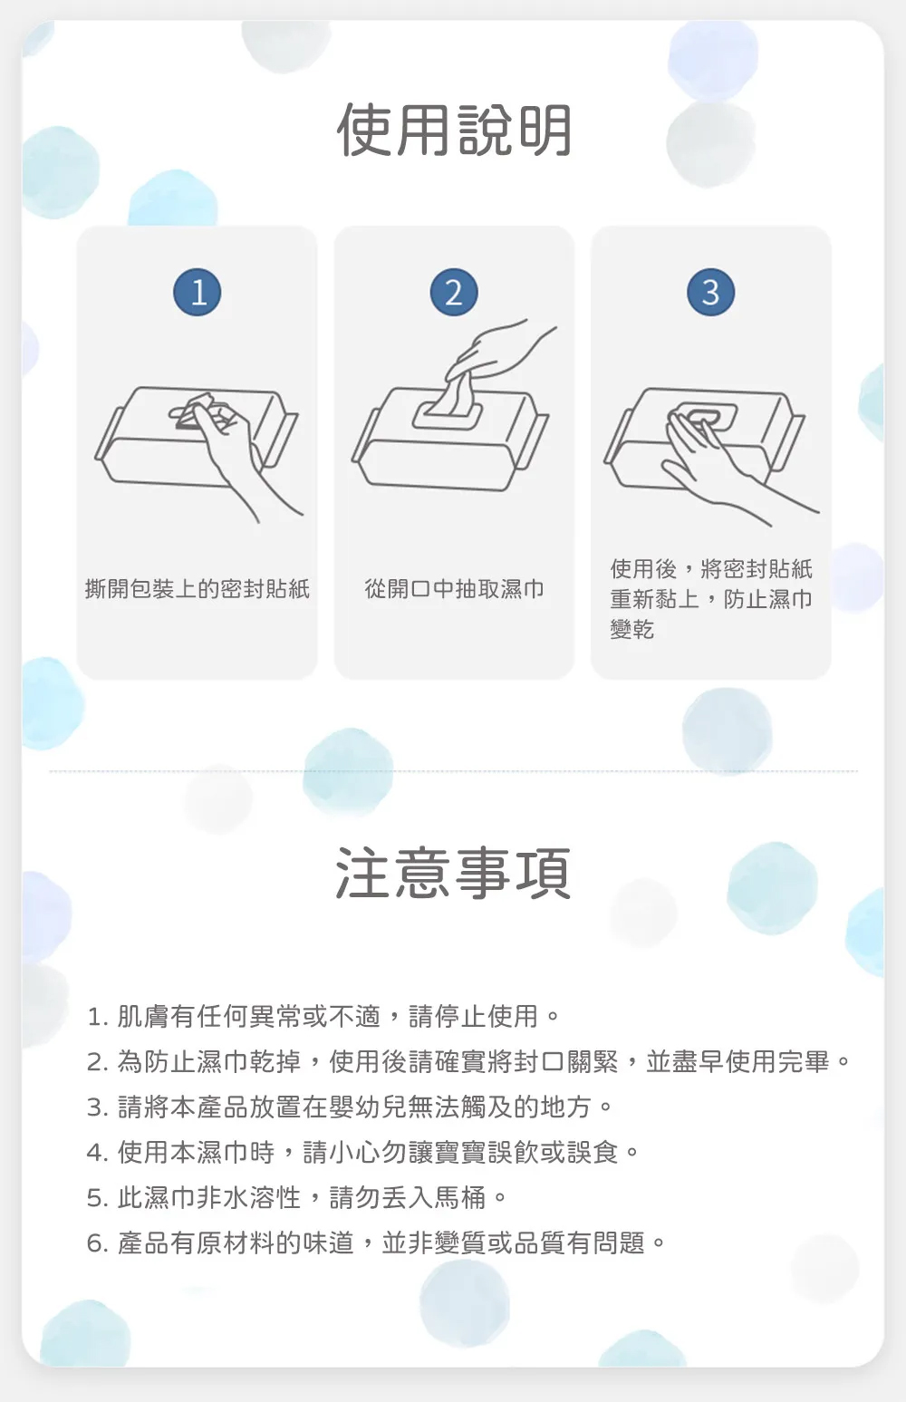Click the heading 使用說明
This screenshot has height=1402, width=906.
[x=454, y=130]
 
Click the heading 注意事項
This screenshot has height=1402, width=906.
[x=453, y=873]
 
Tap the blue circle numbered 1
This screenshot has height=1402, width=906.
[x=198, y=293]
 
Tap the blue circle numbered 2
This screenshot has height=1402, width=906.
[x=454, y=293]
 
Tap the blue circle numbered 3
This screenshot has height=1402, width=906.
[x=711, y=293]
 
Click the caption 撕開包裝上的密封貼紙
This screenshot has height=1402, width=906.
[x=198, y=588]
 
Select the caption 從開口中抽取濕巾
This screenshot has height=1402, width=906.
[x=454, y=588]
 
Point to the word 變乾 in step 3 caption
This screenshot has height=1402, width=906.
[x=632, y=629]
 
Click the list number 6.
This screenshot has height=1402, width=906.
[x=97, y=1243]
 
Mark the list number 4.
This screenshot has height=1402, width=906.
[x=97, y=1153]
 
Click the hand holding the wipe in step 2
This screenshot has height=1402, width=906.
[x=500, y=353]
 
